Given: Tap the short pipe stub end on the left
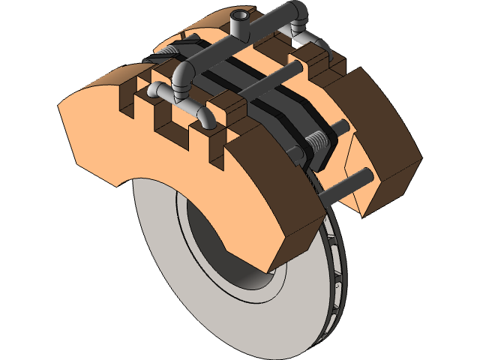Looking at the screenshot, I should [x=152, y=91].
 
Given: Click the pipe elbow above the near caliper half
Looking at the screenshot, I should [x=183, y=77].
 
